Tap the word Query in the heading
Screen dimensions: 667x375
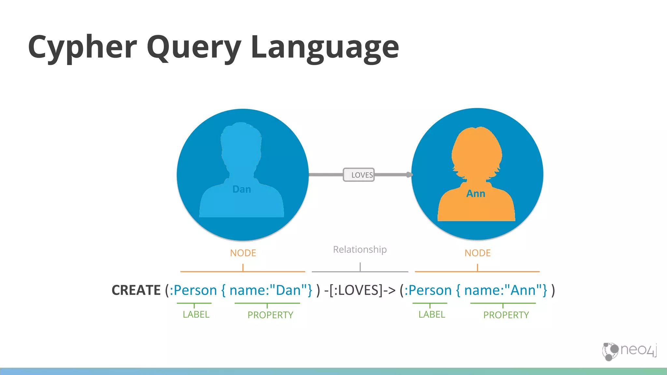coord(194,48)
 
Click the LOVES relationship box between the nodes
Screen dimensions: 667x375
coord(359,175)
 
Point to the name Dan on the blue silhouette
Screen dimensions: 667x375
coord(242,189)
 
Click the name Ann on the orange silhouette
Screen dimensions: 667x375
coord(476,194)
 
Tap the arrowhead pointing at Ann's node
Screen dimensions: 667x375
coord(409,175)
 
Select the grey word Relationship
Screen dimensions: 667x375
coord(360,250)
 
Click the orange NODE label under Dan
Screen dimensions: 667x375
coord(243,253)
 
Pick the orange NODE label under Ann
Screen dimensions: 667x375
coord(477,253)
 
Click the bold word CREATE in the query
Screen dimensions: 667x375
coord(136,290)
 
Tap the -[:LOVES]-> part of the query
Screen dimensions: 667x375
coord(360,290)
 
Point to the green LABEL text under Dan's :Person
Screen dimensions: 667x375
coord(196,314)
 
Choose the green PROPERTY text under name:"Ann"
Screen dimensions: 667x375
coord(506,315)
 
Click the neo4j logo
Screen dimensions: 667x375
coord(630,351)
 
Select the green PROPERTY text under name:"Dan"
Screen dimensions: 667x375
coord(270,315)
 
